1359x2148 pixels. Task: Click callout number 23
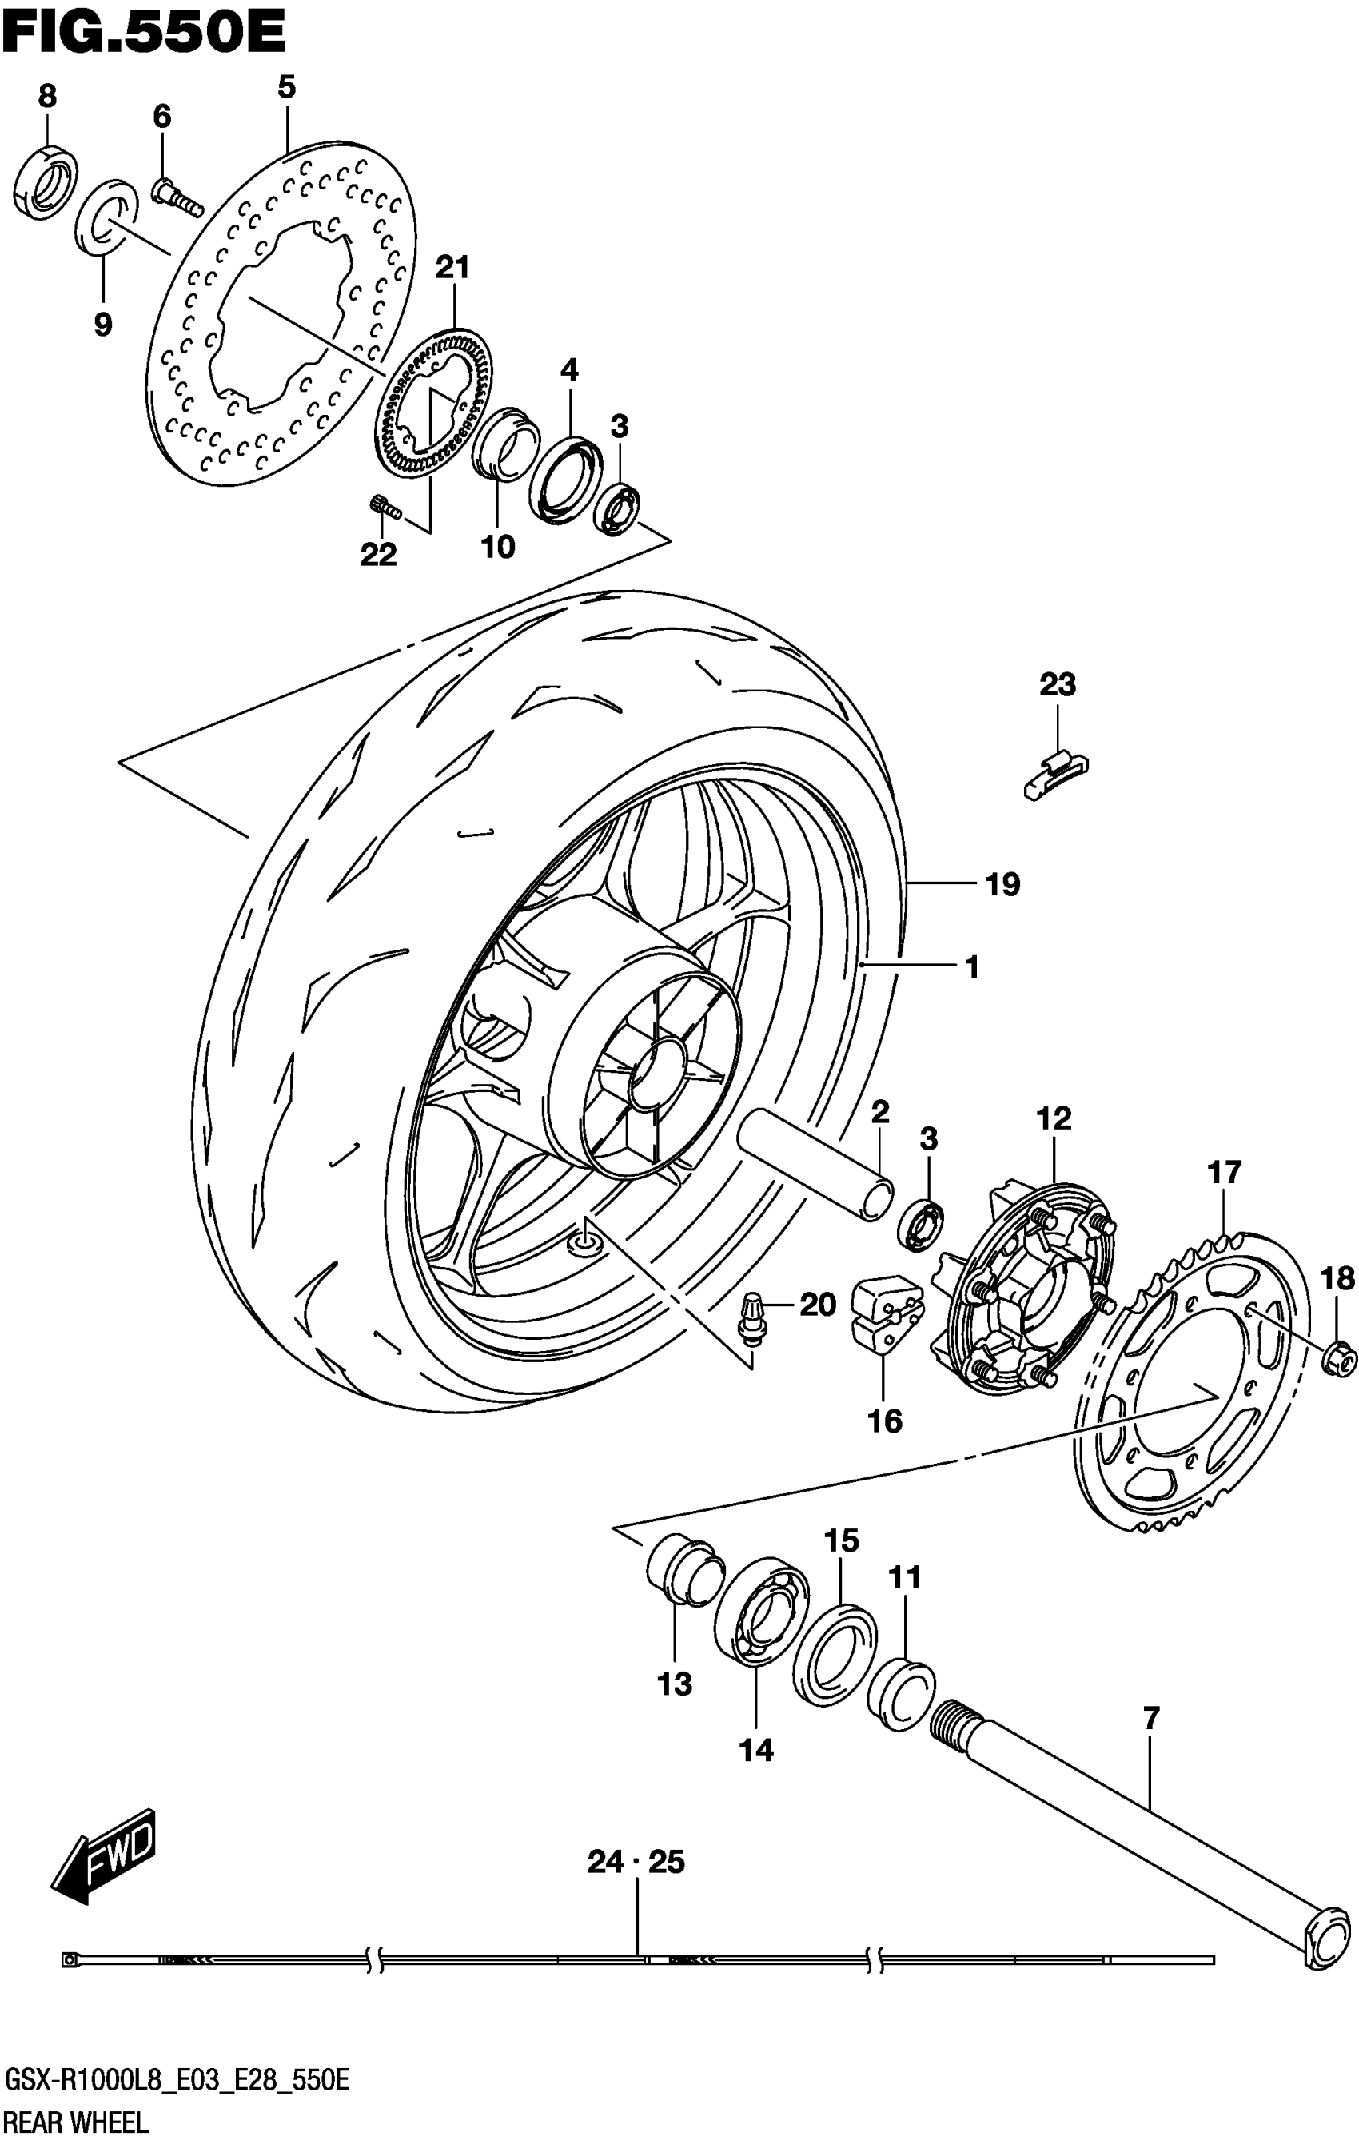[1058, 685]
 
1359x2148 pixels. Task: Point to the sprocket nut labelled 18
[1338, 1361]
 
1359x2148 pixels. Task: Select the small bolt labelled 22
[384, 507]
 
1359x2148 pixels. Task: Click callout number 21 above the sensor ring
[452, 267]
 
